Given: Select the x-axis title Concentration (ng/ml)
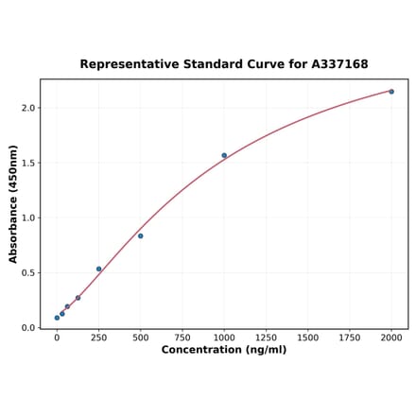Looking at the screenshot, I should coord(224,350).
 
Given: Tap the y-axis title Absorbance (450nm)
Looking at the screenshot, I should coord(13,203).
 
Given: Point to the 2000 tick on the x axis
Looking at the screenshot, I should coord(391,336).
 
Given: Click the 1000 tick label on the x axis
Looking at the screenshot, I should coord(224,336).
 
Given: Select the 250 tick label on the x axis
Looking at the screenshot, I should coord(98,336).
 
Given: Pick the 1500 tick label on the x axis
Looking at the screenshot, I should coord(307,336).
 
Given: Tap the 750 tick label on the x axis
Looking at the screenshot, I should coord(182,336).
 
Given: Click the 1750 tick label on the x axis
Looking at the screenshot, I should coord(350,336).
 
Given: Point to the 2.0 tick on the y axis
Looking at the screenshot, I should coord(28,108).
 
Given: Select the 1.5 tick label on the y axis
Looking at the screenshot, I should coord(28,163).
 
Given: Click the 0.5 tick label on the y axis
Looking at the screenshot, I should coord(28,273).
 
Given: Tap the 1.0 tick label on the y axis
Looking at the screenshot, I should coord(28,217).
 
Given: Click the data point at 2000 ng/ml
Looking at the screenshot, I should coord(391,92).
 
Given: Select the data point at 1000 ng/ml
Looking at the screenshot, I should coord(224,155).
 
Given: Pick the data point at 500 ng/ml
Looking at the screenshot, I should coord(140,235).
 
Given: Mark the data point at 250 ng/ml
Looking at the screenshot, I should coord(98,269).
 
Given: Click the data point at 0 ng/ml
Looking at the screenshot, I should coord(57,318).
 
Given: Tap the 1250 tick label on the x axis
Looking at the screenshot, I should coord(266,336).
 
